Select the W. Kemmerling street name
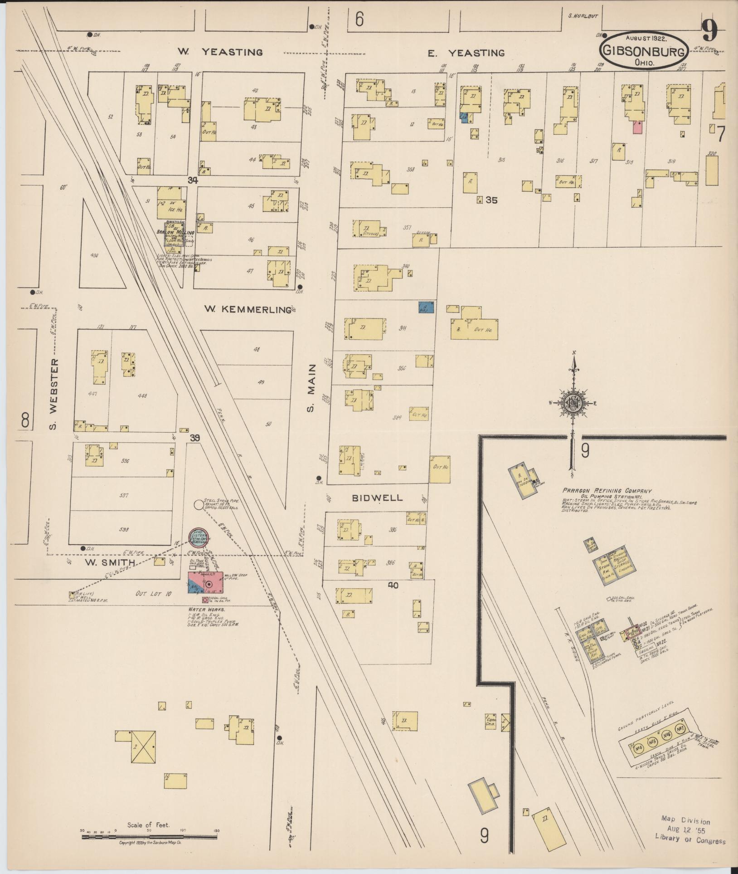pos(247,309)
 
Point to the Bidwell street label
pos(378,498)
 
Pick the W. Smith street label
pos(110,562)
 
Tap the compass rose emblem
pos(573,401)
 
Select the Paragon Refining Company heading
pos(607,490)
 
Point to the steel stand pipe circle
pos(198,504)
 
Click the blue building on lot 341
pos(426,308)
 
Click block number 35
pos(491,200)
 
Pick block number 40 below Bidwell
pos(393,586)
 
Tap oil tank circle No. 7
pos(680,729)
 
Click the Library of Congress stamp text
pos(689,840)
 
